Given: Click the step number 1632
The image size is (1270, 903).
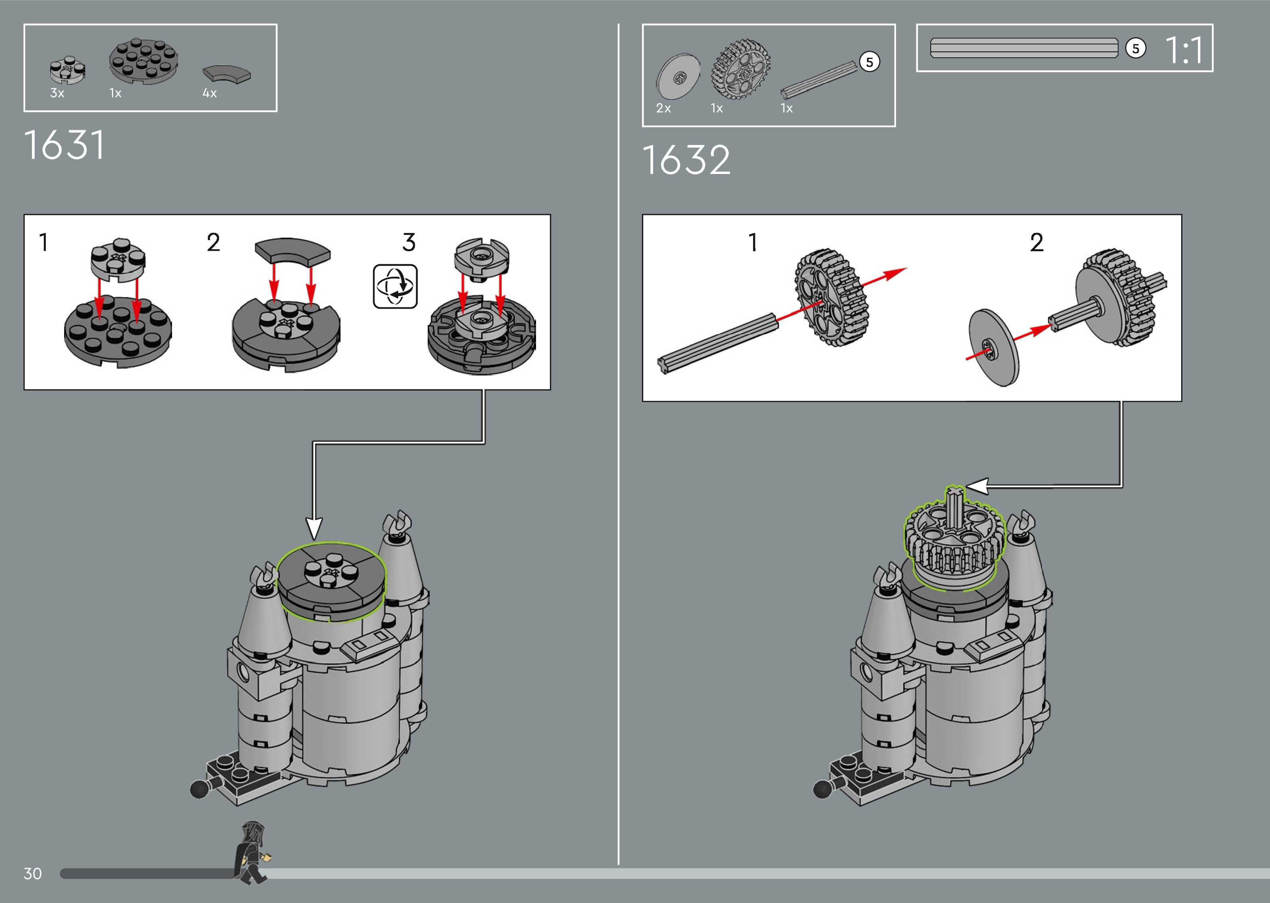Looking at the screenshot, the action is [x=686, y=160].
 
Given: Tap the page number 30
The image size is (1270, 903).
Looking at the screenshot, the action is [x=33, y=874].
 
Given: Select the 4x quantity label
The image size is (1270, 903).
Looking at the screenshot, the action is [x=209, y=94].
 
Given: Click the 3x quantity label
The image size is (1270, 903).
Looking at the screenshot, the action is [x=57, y=94].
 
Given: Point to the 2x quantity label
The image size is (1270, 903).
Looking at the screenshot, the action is [x=663, y=108].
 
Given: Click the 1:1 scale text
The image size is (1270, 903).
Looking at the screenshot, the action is [x=1184, y=50].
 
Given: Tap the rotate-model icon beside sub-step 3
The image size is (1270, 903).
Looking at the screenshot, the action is [x=395, y=286].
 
